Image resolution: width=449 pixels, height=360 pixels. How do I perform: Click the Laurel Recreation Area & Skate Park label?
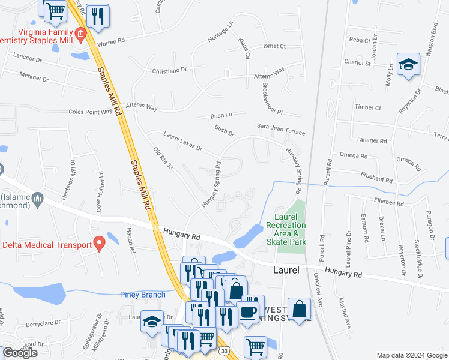[290, 229]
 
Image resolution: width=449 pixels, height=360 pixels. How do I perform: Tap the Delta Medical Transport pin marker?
[99, 243]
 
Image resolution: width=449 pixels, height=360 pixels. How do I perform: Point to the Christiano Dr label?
[170, 70]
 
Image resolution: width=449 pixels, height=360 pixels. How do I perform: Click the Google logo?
[20, 353]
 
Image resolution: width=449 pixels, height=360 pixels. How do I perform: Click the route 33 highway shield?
[224, 350]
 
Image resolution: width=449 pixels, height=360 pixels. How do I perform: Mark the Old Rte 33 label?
[163, 158]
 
